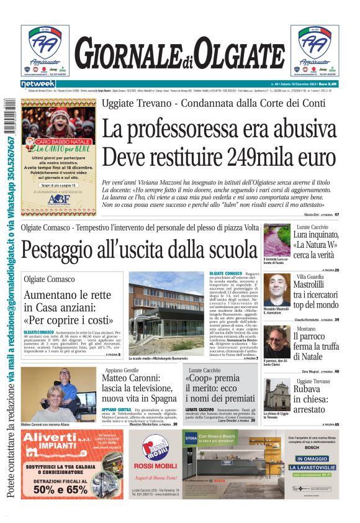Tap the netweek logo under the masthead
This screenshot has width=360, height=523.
coord(38,83)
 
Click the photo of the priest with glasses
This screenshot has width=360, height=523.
coord(276,340)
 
